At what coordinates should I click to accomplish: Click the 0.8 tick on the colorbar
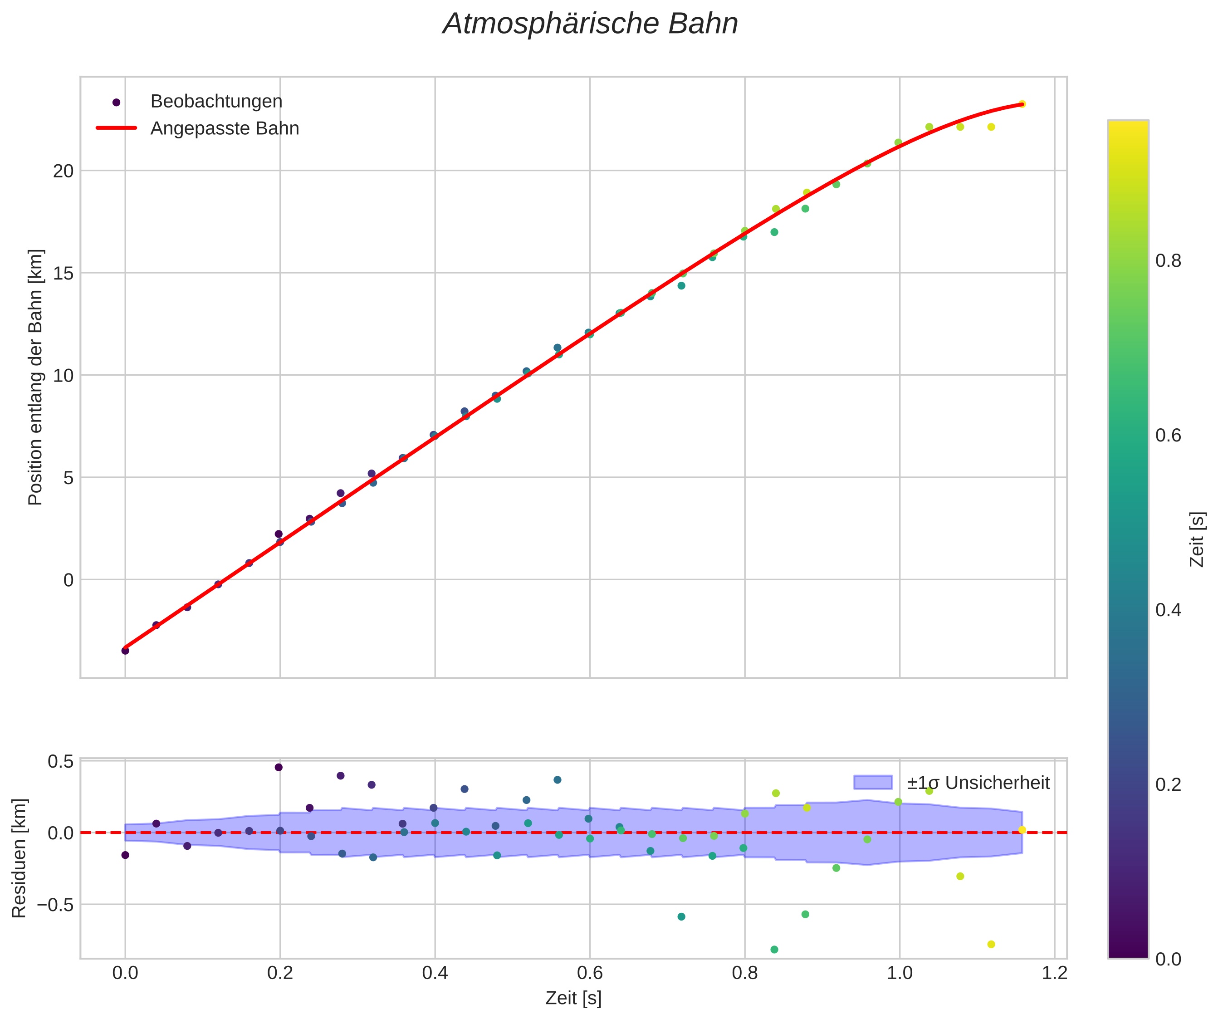pos(1168,261)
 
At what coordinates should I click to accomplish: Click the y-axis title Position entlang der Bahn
pos(35,377)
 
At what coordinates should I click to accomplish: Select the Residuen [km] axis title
pos(19,858)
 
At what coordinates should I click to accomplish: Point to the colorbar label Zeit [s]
pos(1197,539)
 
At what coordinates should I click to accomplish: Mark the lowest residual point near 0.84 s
pos(774,950)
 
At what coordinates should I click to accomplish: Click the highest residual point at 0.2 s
pos(279,767)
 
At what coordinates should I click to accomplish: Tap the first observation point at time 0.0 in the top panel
pos(125,651)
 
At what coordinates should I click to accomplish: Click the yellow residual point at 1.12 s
pos(991,944)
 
